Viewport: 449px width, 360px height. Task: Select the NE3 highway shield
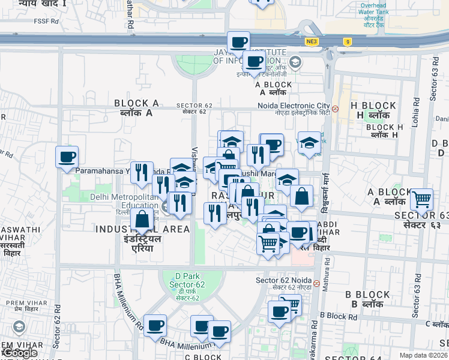pyautogui.click(x=310, y=41)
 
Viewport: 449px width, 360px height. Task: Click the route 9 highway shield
pyautogui.click(x=347, y=41)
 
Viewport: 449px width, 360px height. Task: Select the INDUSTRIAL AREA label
pyautogui.click(x=142, y=229)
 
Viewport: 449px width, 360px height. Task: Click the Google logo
pyautogui.click(x=19, y=353)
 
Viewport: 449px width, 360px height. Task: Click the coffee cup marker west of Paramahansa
pyautogui.click(x=67, y=158)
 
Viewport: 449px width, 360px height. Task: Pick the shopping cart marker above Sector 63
pyautogui.click(x=422, y=199)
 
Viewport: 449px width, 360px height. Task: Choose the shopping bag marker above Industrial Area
pyautogui.click(x=142, y=220)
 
